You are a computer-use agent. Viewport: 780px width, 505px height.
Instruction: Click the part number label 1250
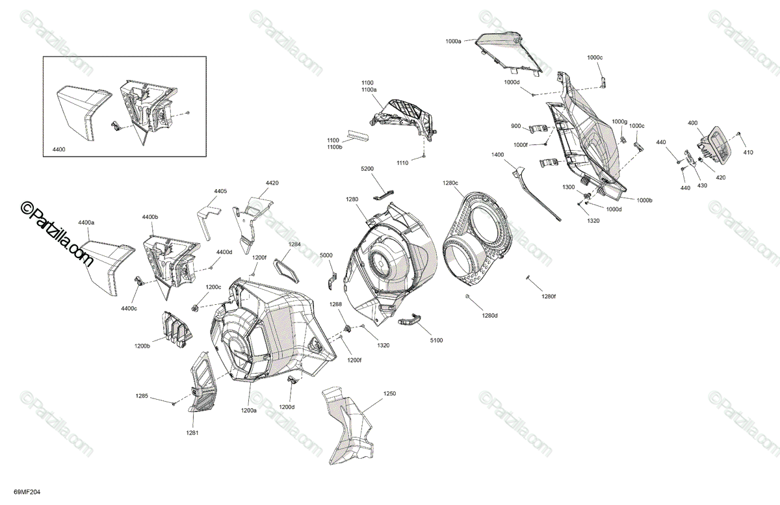coord(389,394)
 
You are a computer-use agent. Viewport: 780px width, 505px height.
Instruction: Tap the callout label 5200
coord(367,168)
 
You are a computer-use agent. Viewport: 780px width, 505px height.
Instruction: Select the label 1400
coord(498,155)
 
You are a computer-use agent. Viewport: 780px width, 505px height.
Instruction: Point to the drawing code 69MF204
coord(27,493)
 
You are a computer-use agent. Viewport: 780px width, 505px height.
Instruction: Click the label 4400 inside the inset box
coord(59,149)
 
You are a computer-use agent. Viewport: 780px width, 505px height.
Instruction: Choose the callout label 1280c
coord(450,183)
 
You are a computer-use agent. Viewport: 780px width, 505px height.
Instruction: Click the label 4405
coord(220,191)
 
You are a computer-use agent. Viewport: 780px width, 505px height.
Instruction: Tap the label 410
coord(748,152)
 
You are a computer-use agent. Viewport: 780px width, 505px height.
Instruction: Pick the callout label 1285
coord(142,396)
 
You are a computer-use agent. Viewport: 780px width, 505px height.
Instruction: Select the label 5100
coord(436,341)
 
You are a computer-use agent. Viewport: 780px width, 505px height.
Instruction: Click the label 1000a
coord(454,41)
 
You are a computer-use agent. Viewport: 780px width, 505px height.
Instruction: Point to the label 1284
coord(294,244)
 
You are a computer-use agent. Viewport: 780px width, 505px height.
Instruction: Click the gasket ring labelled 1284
coord(286,275)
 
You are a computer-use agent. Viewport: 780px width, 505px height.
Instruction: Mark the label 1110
coord(402,163)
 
